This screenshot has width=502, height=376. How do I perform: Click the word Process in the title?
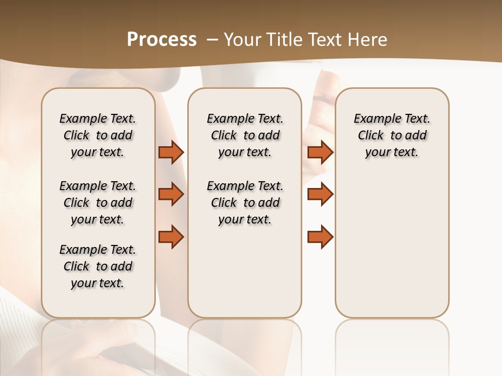(x=162, y=40)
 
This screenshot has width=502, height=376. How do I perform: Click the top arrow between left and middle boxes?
(x=171, y=152)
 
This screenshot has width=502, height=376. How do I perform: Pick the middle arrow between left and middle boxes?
(x=171, y=194)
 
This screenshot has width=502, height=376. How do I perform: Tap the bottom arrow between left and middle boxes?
(x=171, y=237)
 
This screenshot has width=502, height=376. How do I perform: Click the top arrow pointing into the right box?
(x=320, y=152)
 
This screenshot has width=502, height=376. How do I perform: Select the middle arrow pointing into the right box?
(x=320, y=194)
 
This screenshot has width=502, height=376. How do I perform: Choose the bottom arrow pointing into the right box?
(x=320, y=237)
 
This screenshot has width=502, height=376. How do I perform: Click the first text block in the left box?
(x=98, y=135)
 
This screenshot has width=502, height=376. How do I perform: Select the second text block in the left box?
(x=98, y=203)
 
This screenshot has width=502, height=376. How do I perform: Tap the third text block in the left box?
(x=98, y=266)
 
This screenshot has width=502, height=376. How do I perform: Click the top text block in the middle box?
(x=245, y=135)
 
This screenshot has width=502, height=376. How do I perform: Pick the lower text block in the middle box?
(x=245, y=203)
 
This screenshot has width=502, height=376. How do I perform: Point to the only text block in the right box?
(x=392, y=135)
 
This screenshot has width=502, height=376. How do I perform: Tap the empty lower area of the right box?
(x=392, y=245)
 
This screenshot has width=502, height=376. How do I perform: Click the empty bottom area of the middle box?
(x=245, y=277)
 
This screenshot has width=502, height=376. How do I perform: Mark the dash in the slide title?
(x=213, y=40)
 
